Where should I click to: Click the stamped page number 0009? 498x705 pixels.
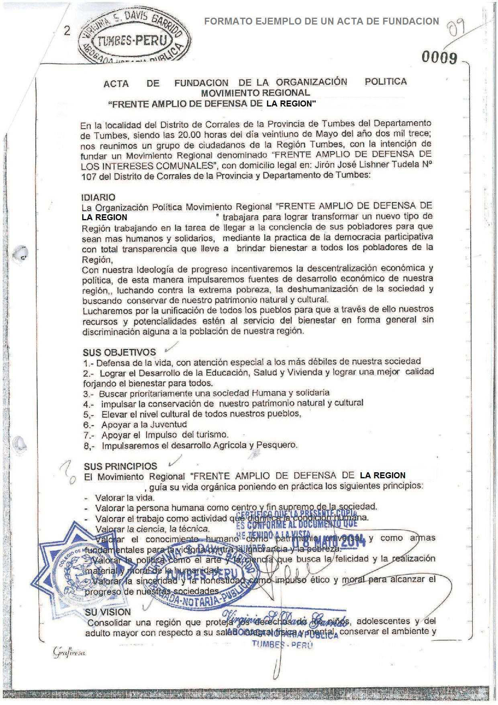439,58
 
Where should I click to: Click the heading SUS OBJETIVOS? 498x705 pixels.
119,352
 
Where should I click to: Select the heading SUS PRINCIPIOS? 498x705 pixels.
120,466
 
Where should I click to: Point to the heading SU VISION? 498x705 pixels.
108,612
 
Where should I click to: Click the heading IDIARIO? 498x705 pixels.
98,197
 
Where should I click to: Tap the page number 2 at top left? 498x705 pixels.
67,31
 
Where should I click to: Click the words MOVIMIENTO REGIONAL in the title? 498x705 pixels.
255,93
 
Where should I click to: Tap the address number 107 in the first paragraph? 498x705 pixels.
88,176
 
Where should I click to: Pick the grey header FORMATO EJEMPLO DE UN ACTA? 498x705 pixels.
321,21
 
